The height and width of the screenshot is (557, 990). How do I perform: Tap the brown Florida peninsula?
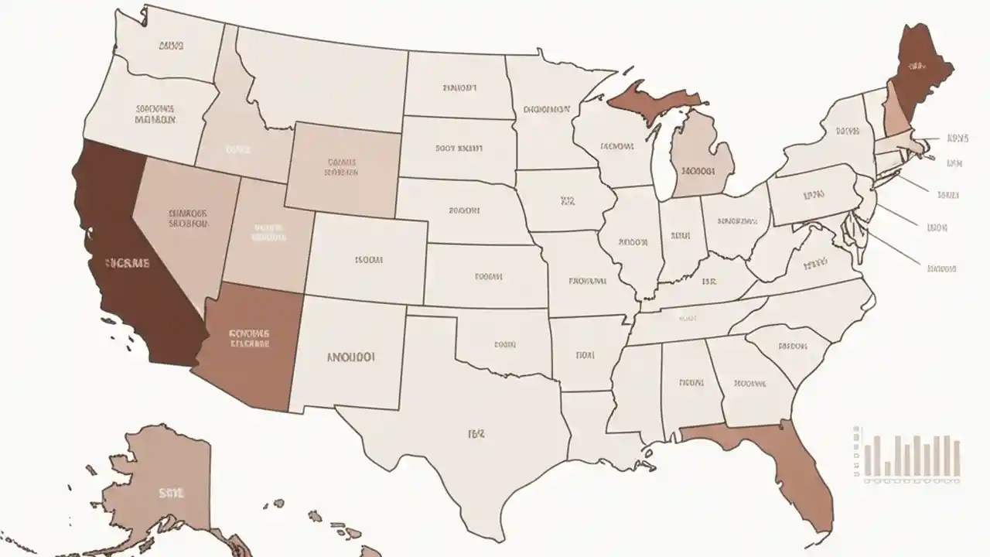coord(797,472)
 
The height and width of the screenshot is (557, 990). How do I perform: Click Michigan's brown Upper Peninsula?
coord(650,99)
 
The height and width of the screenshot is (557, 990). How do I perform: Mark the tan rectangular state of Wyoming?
coord(342,168)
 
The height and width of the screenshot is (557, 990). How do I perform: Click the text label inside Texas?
coord(476,434)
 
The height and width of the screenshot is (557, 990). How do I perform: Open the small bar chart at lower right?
coord(909,456)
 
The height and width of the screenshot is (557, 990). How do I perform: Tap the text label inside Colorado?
coord(369,261)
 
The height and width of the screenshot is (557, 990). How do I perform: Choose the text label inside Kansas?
coord(489,275)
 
